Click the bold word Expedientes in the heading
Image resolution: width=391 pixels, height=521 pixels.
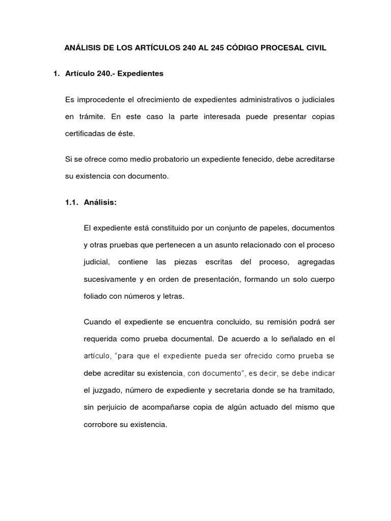[x=140, y=74]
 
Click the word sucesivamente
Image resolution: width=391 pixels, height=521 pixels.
[x=107, y=279]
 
